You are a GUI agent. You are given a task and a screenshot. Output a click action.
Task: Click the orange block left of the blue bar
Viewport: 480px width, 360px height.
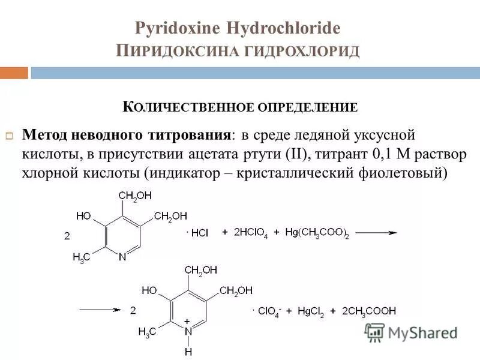coord(14,73)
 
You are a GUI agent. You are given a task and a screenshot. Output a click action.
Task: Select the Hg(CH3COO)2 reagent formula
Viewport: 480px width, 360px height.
coord(317,233)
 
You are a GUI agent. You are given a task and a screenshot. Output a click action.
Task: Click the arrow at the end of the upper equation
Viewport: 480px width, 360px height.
coord(379,233)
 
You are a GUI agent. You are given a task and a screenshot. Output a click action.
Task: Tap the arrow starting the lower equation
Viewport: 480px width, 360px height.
coord(101,310)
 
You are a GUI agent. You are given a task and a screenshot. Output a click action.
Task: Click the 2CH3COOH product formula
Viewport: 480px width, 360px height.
coord(369,311)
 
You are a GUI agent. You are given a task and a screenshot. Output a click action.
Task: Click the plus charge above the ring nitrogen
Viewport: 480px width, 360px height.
coord(187,322)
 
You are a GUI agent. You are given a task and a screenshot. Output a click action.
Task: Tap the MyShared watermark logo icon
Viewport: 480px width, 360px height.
coord(374,332)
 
